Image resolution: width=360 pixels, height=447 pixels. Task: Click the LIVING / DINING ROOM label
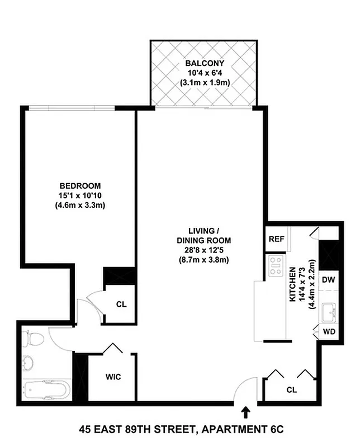click(x=202, y=236)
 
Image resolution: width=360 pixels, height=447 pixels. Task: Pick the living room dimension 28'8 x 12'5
click(x=202, y=251)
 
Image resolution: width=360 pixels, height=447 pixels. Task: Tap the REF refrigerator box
click(x=276, y=239)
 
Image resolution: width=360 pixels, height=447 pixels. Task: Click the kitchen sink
click(x=328, y=310)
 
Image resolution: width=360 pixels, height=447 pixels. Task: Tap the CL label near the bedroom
click(x=121, y=305)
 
